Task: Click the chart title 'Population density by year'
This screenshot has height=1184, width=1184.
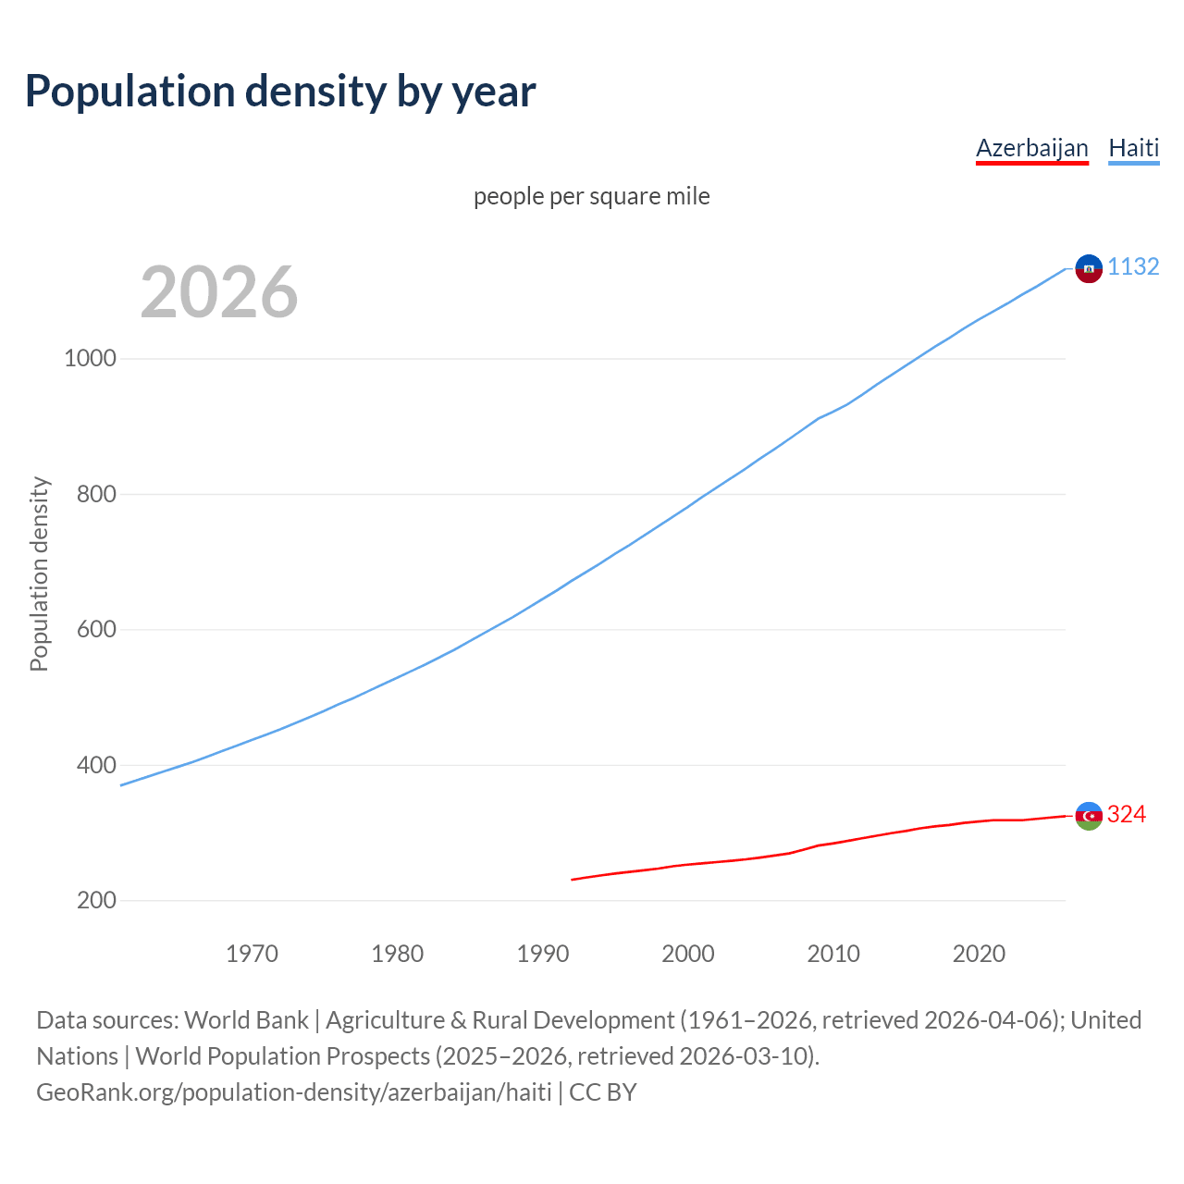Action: point(280,91)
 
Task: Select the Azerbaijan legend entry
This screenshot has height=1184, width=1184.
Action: point(1031,148)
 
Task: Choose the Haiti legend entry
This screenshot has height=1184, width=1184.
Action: point(1133,148)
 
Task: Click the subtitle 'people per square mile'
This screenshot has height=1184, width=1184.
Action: point(592,196)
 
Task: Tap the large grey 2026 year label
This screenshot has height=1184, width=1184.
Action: point(219,292)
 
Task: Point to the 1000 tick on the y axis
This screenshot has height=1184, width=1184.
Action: point(90,358)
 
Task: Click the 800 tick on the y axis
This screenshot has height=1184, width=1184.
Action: point(96,494)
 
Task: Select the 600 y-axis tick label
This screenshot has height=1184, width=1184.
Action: point(96,629)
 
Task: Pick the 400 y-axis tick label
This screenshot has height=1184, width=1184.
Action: point(96,765)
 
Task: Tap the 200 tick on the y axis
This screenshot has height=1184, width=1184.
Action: point(96,900)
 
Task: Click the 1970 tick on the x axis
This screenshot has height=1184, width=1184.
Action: point(252,954)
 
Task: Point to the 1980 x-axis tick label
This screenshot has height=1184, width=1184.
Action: point(397,954)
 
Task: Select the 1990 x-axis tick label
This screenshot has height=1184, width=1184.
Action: point(543,954)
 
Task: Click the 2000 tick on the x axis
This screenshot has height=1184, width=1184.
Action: point(688,954)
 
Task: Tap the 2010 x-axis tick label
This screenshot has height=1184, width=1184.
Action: point(833,954)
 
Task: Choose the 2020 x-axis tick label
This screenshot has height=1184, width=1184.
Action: point(979,954)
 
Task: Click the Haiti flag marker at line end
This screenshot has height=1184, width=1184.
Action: point(1089,268)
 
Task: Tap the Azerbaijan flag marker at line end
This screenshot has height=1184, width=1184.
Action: point(1089,816)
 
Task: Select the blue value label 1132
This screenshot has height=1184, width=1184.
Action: point(1133,266)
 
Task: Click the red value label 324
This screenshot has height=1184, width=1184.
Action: point(1127,814)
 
